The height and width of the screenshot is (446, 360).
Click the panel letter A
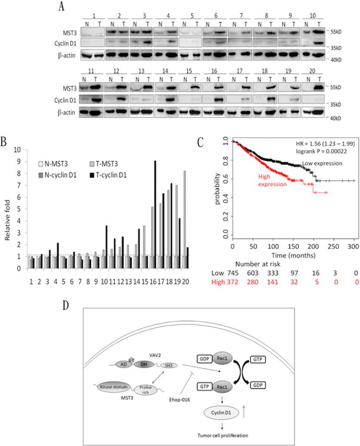(x=62, y=6)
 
